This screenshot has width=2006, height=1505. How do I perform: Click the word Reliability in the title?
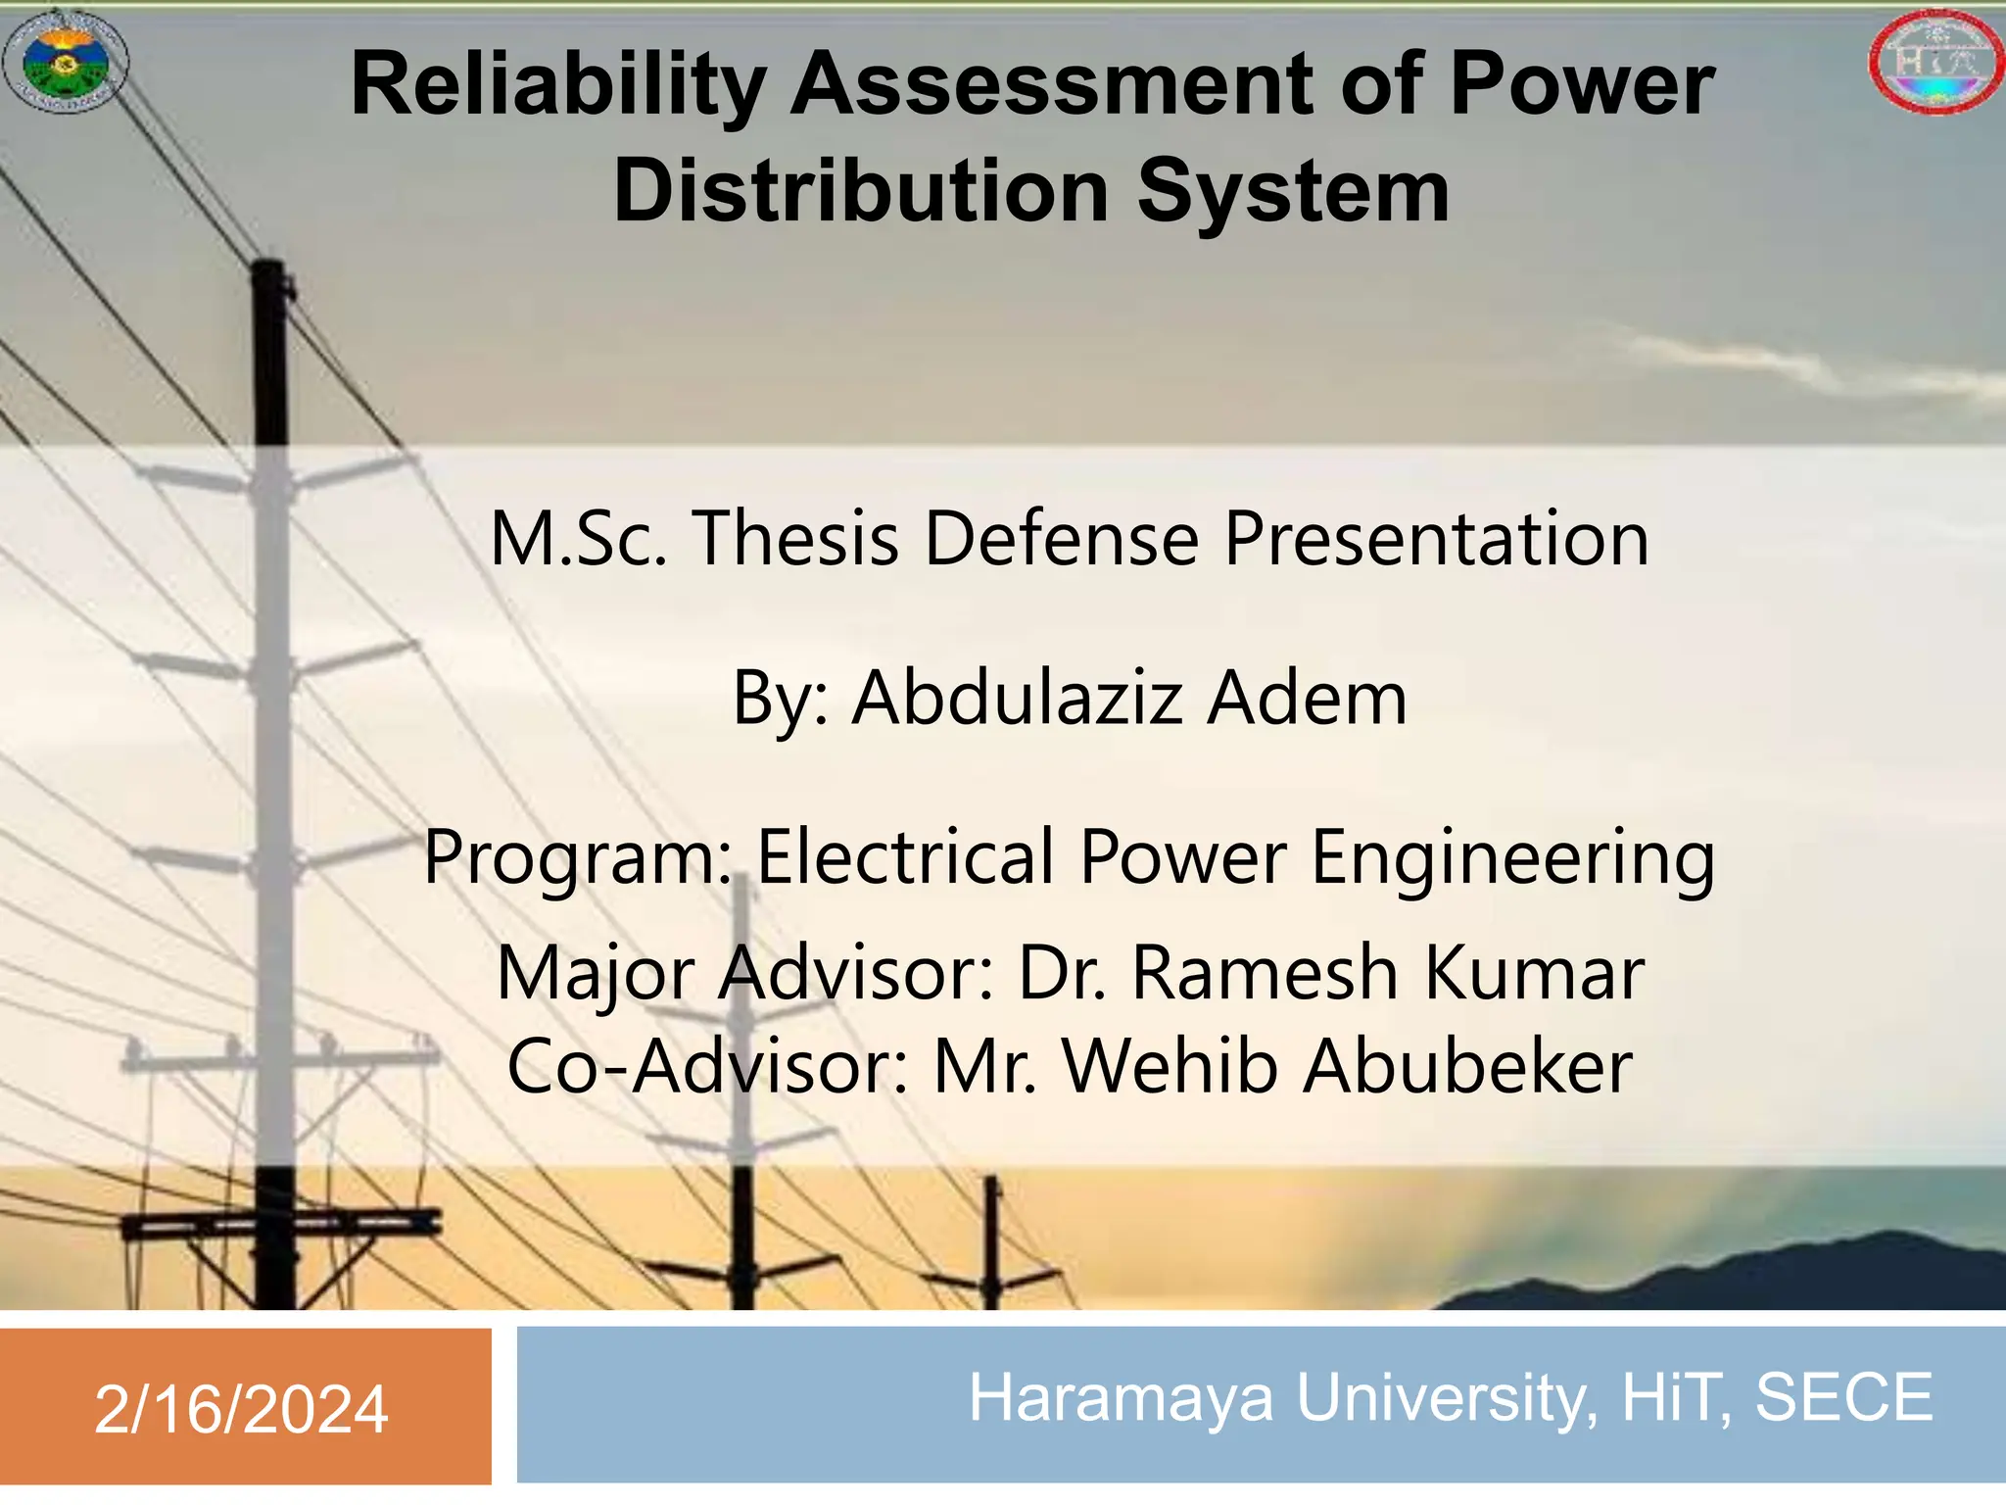coord(558,86)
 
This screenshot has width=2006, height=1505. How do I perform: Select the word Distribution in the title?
coord(861,192)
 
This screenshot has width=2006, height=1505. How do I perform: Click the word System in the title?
coord(1292,192)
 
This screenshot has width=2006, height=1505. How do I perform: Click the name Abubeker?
coord(1467,1066)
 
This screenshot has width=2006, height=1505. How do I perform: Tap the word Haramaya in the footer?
coord(1121,1397)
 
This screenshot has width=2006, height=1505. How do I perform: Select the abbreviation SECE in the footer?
coord(1843,1397)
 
